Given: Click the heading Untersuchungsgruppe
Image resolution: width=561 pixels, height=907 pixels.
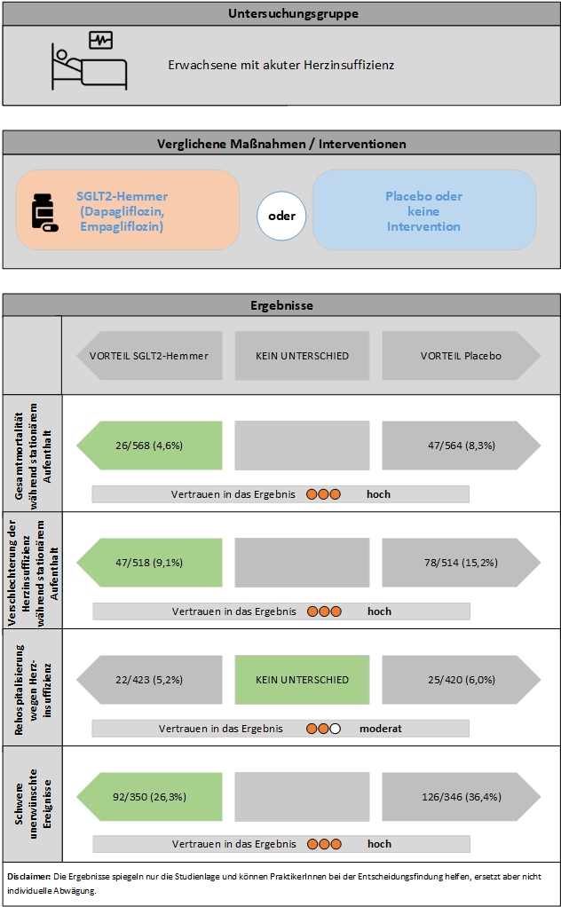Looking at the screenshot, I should tap(280, 13).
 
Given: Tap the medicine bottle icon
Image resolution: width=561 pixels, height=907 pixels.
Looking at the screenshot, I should tap(43, 212).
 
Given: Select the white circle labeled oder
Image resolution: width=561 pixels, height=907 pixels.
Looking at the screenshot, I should tap(281, 216).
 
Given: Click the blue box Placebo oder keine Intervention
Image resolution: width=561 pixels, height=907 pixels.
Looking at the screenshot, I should tap(423, 211).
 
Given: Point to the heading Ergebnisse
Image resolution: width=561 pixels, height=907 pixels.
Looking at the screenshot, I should tap(280, 305).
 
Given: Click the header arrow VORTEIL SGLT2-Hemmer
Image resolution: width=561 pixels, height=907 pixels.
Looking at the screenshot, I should tap(149, 356).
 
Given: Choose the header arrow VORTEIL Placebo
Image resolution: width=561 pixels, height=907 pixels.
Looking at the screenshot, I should tap(461, 356).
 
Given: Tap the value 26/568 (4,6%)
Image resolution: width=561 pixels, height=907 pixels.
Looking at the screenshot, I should tap(149, 446).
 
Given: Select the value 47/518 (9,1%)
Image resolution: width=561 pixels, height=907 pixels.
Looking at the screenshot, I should tap(149, 563).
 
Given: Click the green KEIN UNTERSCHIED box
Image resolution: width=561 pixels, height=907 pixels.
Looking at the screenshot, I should tap(302, 680).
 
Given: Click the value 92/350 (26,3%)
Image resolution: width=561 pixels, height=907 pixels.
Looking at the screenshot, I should tap(149, 797).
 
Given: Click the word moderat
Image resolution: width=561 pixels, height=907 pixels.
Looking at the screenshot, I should tap(381, 729).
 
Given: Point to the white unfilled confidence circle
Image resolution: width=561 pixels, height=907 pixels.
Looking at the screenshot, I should tap(336, 729).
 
